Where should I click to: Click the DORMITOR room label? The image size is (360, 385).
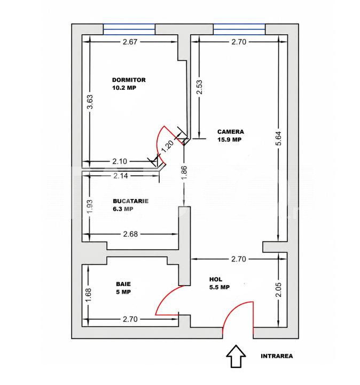[x=129, y=80]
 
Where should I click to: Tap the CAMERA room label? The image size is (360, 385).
[x=231, y=132]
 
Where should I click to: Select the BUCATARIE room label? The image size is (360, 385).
[x=131, y=201]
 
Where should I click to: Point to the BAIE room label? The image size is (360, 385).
[x=123, y=284]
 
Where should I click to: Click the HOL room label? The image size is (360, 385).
[x=216, y=279]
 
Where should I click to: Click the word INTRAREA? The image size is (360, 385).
[x=277, y=356]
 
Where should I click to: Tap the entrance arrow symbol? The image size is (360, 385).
[x=236, y=356]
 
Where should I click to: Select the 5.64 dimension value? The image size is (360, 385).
[x=279, y=138]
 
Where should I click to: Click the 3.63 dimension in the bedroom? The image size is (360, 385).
[x=90, y=102]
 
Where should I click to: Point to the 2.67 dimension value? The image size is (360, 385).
[x=130, y=42]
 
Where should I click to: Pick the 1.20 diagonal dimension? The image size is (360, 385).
[x=168, y=146]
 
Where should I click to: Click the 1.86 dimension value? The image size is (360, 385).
[x=184, y=173]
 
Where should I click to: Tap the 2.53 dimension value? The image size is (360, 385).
[x=200, y=87]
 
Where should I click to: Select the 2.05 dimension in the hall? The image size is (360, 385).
[x=279, y=290]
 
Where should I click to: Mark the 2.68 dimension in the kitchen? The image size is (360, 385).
[x=130, y=234]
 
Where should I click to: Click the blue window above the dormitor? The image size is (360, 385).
[x=129, y=29]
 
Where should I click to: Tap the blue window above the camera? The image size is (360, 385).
[x=239, y=29]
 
